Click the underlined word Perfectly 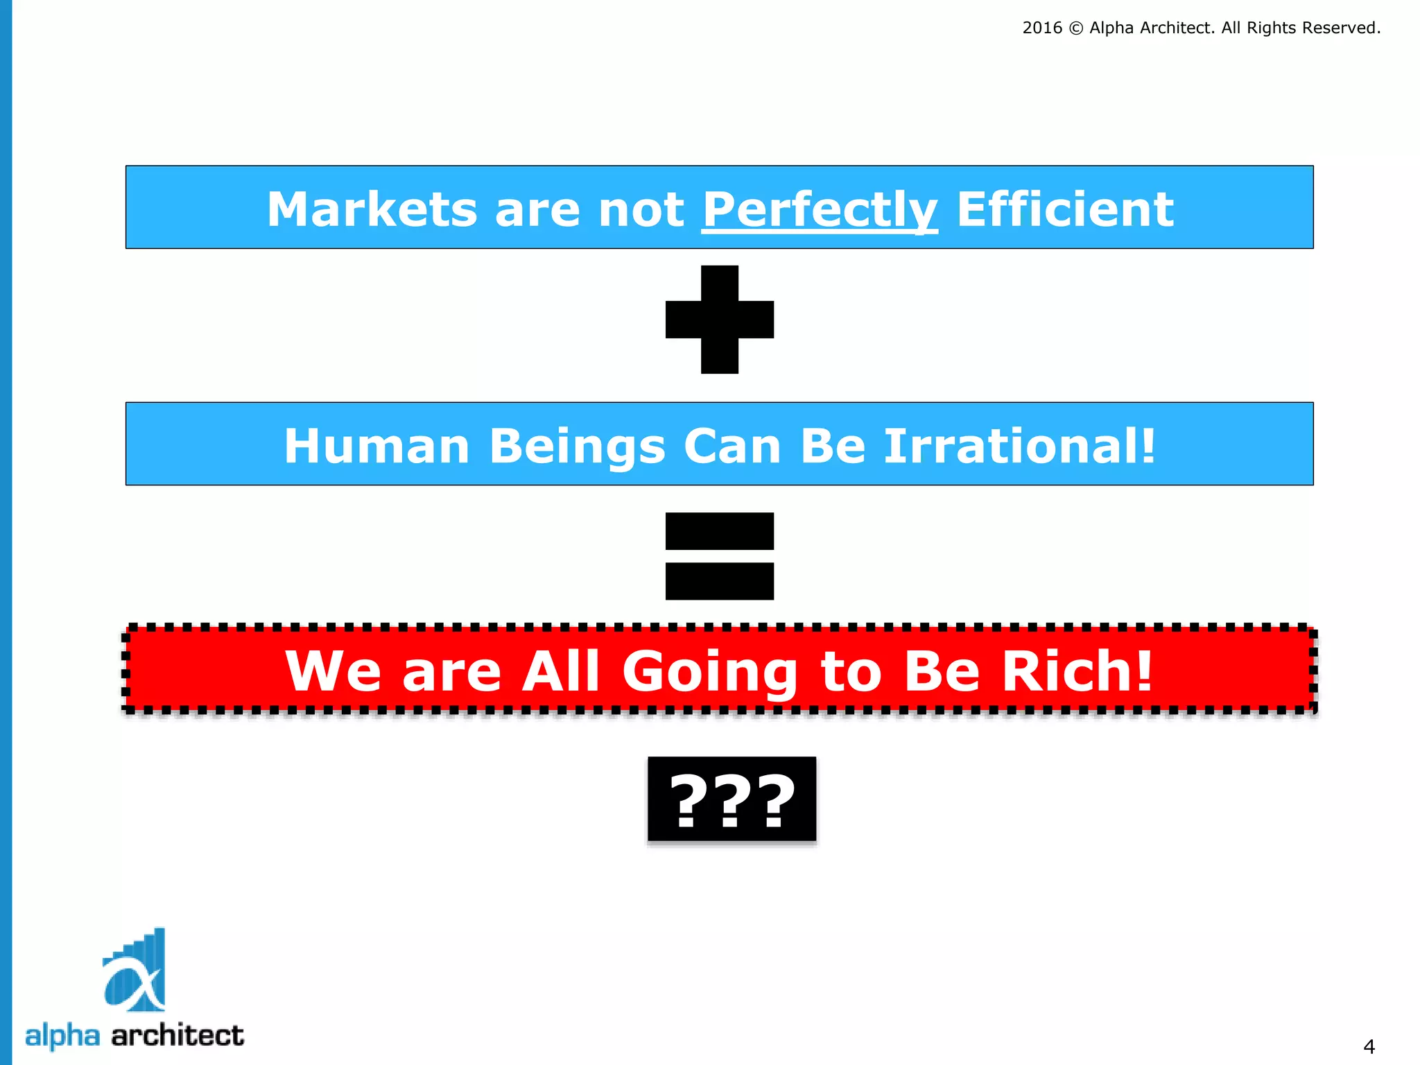pos(820,209)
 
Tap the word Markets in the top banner pos(372,209)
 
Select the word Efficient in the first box pos(1065,209)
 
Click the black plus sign pos(720,320)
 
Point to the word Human pos(377,446)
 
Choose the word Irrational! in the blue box pos(1020,446)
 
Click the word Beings pos(578,446)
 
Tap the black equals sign pos(720,556)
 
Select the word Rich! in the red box pos(1078,671)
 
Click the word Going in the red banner pos(710,671)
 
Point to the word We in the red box pos(333,671)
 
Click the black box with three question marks pos(732,799)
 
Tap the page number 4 pos(1369,1046)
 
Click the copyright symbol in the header pos(1076,28)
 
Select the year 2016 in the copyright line pos(1042,28)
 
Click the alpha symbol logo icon pos(135,971)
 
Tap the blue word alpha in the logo pos(62,1036)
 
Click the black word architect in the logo pos(177,1036)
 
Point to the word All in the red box pos(561,671)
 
